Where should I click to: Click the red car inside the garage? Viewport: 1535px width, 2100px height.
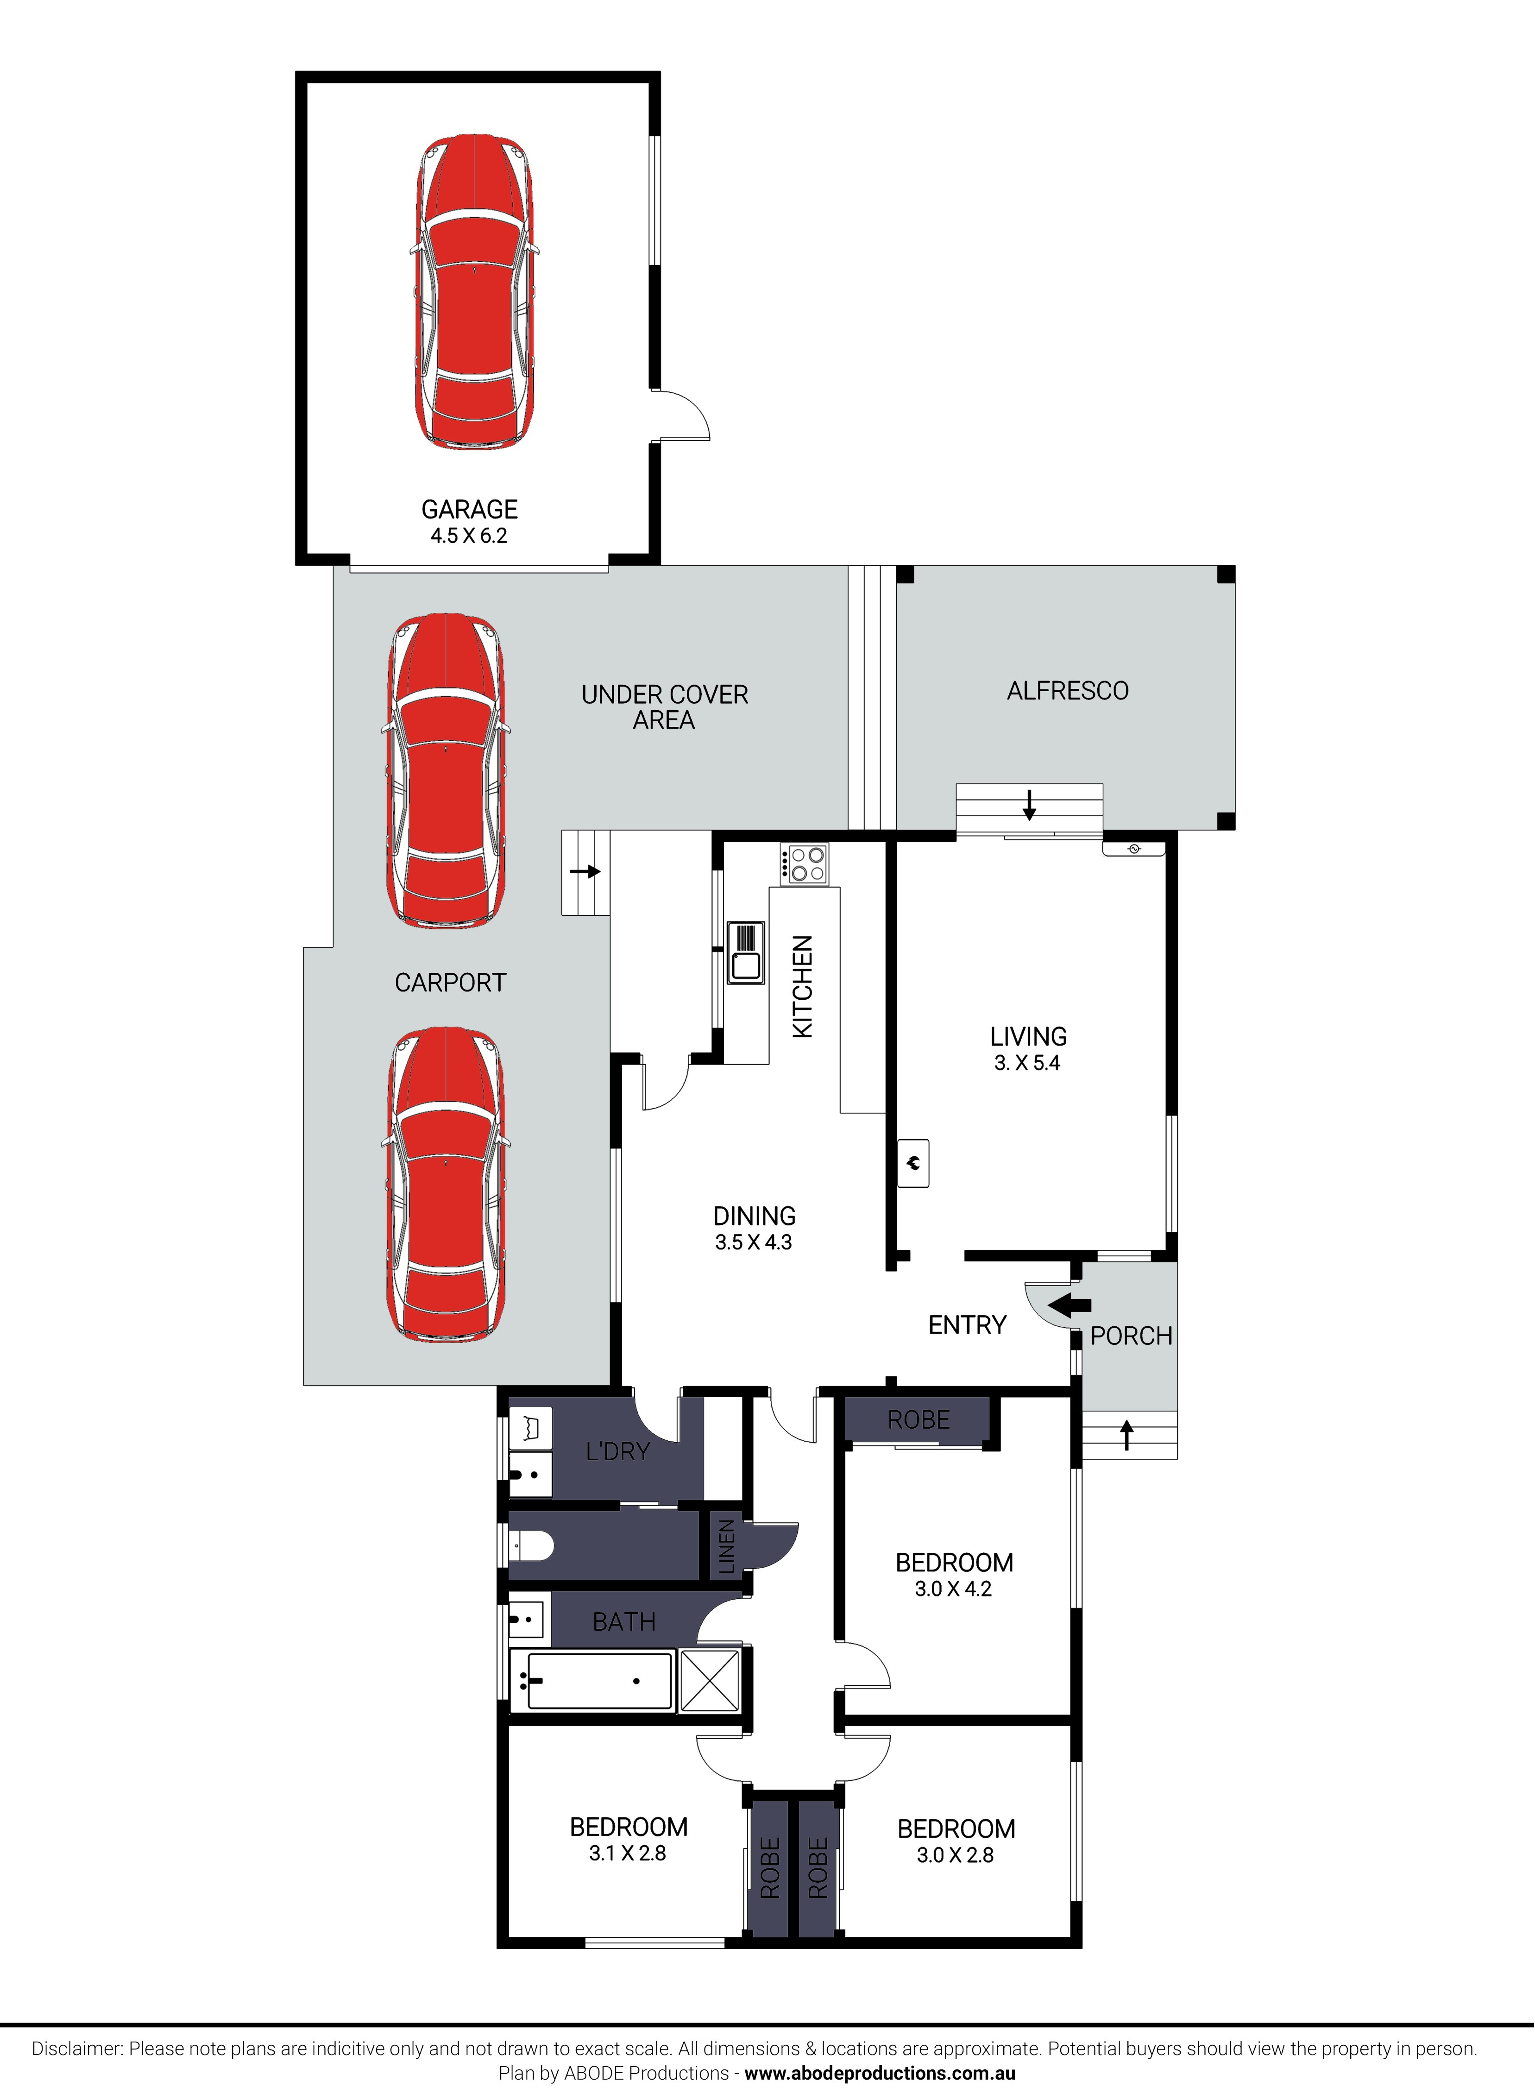click(x=474, y=293)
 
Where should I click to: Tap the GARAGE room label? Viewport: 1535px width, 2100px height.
click(x=469, y=509)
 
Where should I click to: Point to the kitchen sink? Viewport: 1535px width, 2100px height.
click(x=745, y=952)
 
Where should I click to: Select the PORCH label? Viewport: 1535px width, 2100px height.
click(x=1131, y=1336)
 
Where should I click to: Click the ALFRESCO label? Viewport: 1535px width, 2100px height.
click(x=1068, y=691)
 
